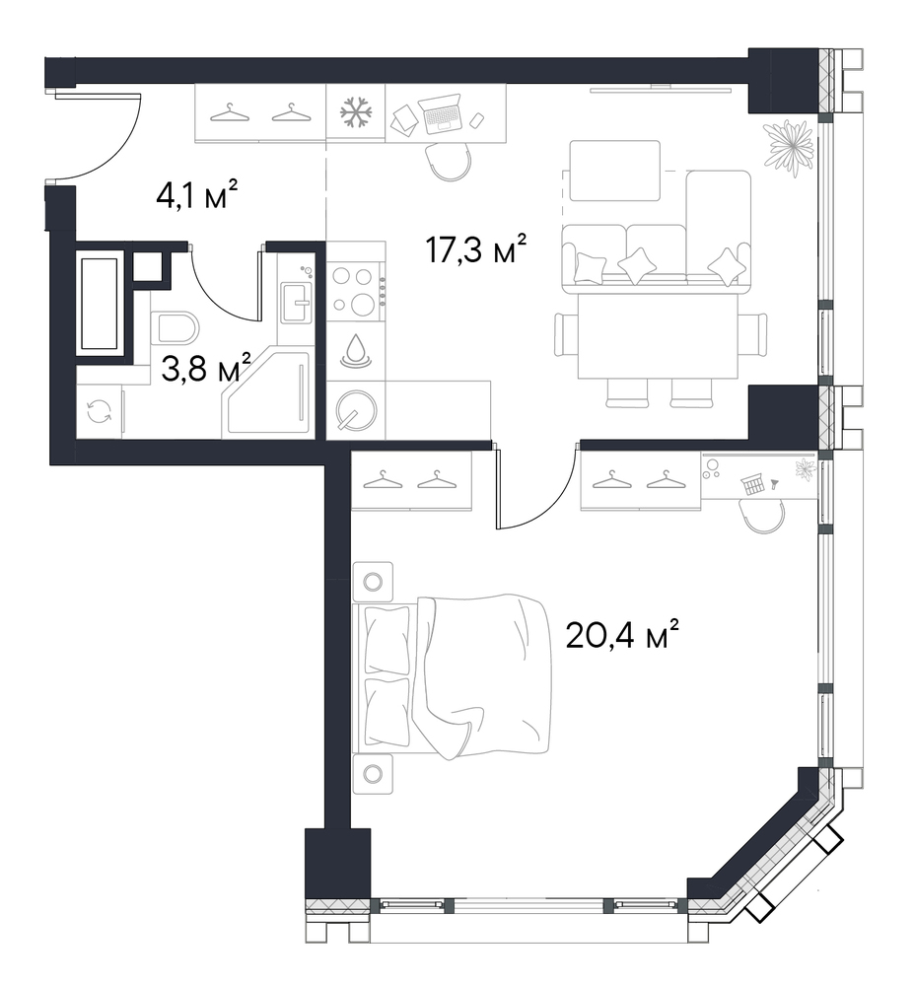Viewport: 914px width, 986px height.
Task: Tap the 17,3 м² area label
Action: [x=475, y=247]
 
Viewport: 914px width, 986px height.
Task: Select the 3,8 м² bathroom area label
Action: [x=206, y=368]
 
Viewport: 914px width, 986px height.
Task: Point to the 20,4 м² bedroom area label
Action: [x=622, y=634]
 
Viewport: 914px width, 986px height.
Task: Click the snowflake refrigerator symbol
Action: [x=356, y=113]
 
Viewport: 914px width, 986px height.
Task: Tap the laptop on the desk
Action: [x=441, y=114]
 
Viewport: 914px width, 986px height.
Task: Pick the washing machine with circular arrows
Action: [x=100, y=412]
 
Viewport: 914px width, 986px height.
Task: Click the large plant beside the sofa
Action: [x=787, y=150]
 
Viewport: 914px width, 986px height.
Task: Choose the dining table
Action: [x=658, y=336]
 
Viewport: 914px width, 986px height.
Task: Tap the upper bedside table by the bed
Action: [x=373, y=582]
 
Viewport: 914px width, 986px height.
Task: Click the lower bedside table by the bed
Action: [x=373, y=773]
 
